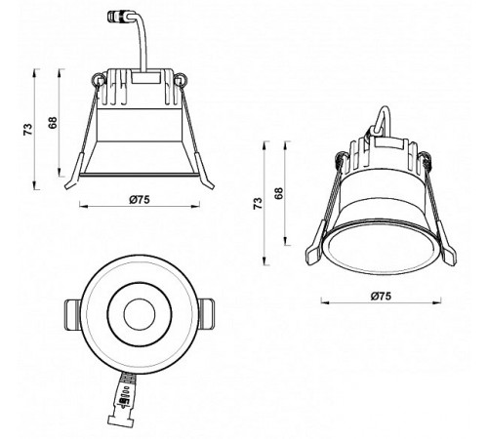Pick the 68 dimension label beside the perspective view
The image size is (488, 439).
point(278,193)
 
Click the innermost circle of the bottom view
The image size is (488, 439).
point(138,314)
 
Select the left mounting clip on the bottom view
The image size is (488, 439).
point(71,314)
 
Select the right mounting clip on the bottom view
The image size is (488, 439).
point(205,314)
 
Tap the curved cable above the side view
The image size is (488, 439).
point(143,44)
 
